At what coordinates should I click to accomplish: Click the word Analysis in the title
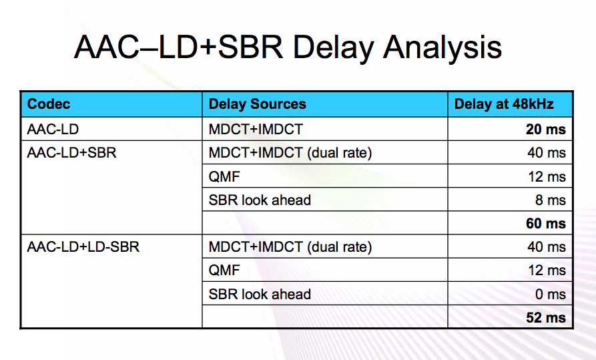[x=442, y=47]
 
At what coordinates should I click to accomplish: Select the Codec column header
[x=49, y=104]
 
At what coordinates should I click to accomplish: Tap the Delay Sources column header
[x=258, y=104]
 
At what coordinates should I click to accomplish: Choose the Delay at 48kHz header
[x=504, y=104]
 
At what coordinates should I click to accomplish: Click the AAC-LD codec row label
[x=53, y=130]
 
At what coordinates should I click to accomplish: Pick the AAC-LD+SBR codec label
[x=72, y=152]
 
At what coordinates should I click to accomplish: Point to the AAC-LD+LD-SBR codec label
[x=83, y=247]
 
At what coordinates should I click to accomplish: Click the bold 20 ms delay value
[x=546, y=130]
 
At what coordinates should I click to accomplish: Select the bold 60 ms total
[x=546, y=223]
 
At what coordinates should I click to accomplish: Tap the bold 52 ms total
[x=546, y=318]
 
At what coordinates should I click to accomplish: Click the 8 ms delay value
[x=551, y=200]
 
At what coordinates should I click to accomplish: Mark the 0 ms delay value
[x=551, y=294]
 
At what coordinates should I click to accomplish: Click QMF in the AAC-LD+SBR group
[x=224, y=176]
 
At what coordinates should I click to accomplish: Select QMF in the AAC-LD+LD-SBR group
[x=224, y=271]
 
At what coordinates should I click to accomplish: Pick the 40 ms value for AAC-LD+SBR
[x=547, y=152]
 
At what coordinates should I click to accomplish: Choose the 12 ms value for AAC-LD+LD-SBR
[x=547, y=271]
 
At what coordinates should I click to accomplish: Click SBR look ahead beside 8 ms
[x=260, y=200]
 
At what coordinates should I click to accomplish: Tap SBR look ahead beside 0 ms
[x=260, y=294]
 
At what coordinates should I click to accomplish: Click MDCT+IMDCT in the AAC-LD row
[x=256, y=130]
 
